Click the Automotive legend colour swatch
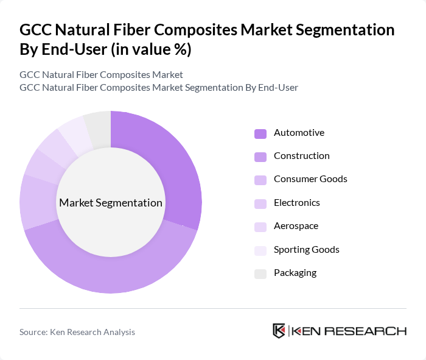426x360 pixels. [x=260, y=133]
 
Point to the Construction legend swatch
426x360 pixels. [x=260, y=157]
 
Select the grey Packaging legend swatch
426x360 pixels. [x=260, y=274]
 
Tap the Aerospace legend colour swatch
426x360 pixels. [x=260, y=227]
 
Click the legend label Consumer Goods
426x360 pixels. [x=310, y=179]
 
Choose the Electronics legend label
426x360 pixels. [x=297, y=202]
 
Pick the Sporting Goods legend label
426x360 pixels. [x=307, y=250]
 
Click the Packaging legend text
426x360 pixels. [x=295, y=273]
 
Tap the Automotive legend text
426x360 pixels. [x=299, y=133]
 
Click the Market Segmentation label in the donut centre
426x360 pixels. [x=111, y=203]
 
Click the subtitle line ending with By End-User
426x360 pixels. [x=159, y=87]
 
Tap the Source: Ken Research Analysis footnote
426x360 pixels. [x=77, y=332]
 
